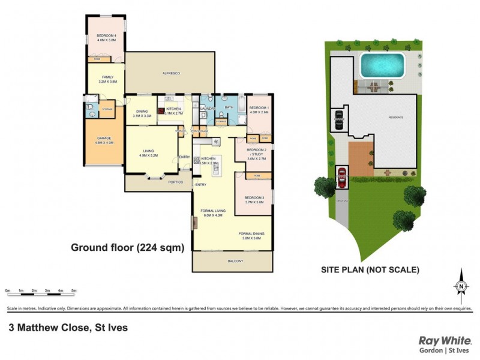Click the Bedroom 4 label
tap(106, 37)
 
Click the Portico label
tap(176, 181)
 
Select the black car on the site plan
tap(339, 118)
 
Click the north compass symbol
tap(461, 287)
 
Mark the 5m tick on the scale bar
tap(74, 290)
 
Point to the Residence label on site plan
tap(395, 117)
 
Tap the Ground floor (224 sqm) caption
tap(127, 247)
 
